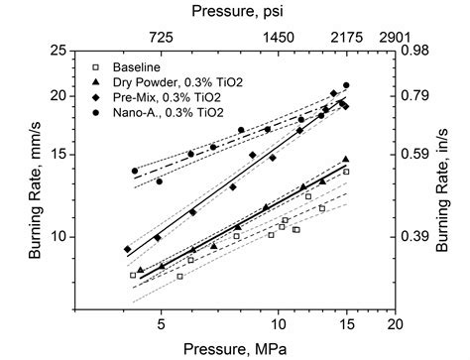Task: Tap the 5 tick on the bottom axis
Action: click(x=160, y=322)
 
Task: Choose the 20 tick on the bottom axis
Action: click(x=396, y=322)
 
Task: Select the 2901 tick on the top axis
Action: click(x=396, y=36)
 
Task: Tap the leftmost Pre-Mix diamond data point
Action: click(x=127, y=249)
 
